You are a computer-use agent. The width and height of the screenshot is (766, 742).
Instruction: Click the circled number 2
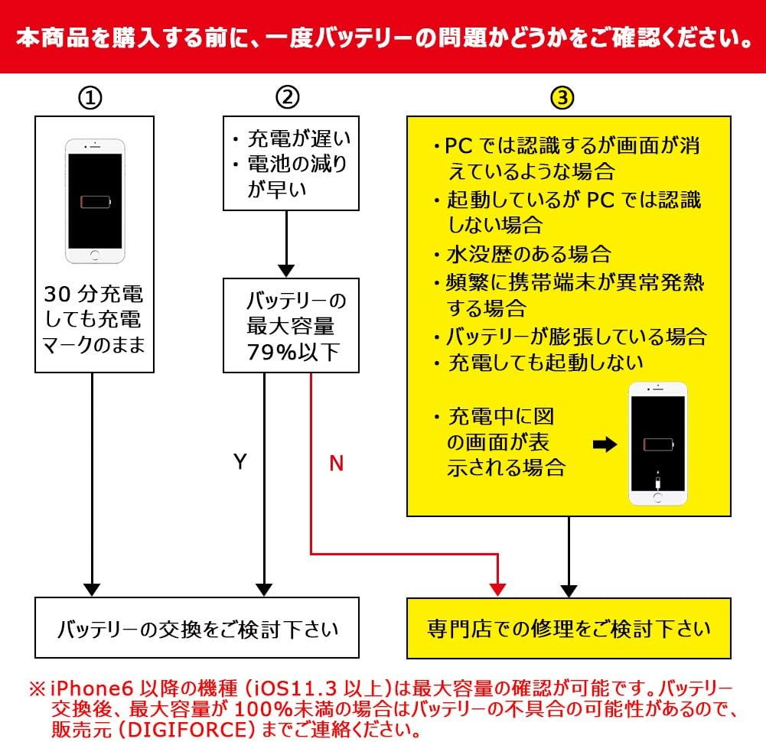[x=287, y=98]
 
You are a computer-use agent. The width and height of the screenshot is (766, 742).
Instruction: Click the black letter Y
[x=240, y=462]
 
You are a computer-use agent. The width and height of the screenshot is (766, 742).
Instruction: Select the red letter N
[x=336, y=463]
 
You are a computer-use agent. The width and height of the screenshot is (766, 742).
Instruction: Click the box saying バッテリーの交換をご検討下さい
[x=197, y=629]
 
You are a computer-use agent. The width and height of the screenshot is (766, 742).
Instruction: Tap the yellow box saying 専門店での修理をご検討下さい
[x=569, y=629]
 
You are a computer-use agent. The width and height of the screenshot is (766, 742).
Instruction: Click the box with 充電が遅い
[x=291, y=164]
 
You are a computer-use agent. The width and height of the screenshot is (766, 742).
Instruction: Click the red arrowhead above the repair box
[x=497, y=589]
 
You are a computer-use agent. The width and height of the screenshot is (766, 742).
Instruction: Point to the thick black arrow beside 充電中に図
[x=605, y=445]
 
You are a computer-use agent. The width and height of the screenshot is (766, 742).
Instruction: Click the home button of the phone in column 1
[x=95, y=254]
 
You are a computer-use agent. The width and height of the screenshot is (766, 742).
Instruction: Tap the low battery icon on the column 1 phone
[x=95, y=203]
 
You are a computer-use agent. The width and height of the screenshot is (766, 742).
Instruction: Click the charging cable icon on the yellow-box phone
[x=657, y=482]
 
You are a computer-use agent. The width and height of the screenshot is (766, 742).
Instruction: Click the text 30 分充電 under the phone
[x=93, y=295]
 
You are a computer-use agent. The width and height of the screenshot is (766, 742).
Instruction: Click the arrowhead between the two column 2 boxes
[x=285, y=271]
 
